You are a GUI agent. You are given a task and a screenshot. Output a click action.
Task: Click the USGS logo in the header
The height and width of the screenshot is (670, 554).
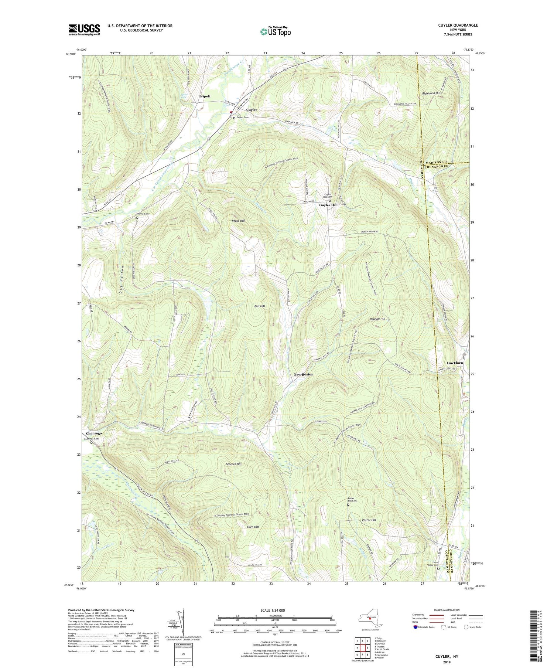(x=84, y=29)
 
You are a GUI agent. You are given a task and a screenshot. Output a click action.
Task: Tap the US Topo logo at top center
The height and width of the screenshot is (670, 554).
(x=275, y=32)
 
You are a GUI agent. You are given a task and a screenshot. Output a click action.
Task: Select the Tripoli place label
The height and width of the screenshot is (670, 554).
(x=205, y=96)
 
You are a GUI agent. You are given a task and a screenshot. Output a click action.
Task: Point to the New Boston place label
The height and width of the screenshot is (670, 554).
(x=303, y=374)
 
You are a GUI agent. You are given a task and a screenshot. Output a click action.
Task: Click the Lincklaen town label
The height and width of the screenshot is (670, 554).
(x=454, y=363)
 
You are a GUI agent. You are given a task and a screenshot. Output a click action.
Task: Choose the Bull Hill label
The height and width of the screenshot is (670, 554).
(x=259, y=306)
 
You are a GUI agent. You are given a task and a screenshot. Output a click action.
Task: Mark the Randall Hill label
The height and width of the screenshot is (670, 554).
(x=377, y=319)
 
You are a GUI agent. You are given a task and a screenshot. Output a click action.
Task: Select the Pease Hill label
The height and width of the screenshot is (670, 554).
(x=238, y=221)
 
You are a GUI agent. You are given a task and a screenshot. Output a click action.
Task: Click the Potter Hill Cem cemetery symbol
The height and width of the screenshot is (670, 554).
(x=348, y=504)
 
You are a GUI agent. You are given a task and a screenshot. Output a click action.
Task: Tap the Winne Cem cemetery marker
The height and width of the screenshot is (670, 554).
(x=137, y=218)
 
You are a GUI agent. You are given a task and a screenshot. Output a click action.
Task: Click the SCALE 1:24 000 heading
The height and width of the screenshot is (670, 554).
(x=271, y=610)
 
